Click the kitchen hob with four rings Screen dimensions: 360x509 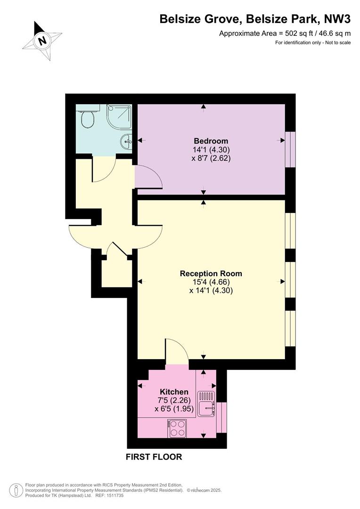pos(177,428)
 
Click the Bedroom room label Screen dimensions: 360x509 pos(211,141)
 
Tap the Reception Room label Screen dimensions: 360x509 pos(211,273)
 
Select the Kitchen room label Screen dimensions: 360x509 pos(174,392)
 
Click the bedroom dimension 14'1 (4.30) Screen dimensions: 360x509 pos(211,150)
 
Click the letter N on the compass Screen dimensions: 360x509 pos(42,41)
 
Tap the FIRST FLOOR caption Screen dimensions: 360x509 pos(154,457)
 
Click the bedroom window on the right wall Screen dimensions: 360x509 pos(290,149)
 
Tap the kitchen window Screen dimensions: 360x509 pos(221,418)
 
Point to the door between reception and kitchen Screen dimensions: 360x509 pos(177,351)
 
